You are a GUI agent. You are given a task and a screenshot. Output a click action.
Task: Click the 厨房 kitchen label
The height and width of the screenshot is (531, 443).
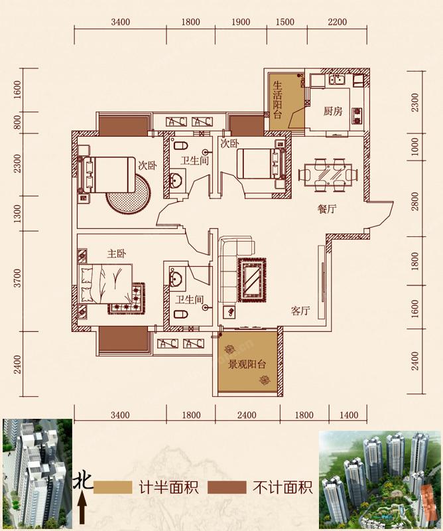[333, 111]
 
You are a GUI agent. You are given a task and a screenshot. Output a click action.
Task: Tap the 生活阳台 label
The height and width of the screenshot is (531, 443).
[277, 100]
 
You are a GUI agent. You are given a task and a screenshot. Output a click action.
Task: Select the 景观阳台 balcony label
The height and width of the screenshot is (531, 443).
[247, 364]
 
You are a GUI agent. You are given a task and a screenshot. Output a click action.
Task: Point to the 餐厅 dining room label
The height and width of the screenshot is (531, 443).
[327, 209]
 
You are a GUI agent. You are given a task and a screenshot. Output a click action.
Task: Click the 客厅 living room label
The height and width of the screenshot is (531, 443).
[300, 311]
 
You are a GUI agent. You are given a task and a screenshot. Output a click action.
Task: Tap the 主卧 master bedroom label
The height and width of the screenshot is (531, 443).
[117, 254]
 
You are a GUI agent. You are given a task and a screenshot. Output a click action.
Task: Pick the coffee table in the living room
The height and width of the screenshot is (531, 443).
[252, 279]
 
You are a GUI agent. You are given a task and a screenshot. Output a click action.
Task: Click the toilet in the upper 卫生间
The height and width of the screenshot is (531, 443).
[181, 145]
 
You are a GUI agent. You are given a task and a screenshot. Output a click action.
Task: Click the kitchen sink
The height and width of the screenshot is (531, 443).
[337, 80]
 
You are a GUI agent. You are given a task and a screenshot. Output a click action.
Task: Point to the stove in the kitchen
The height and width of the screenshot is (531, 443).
[357, 115]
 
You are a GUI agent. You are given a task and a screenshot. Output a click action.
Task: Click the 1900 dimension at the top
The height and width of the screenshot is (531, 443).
[241, 22]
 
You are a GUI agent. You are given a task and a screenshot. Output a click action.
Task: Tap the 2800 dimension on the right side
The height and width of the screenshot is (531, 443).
[415, 201]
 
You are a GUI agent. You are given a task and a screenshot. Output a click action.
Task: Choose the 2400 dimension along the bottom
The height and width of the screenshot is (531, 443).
[247, 415]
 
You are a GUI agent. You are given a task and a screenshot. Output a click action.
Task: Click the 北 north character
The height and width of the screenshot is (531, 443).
[84, 481]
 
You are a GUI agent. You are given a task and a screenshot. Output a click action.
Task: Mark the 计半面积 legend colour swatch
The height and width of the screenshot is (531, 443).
[113, 487]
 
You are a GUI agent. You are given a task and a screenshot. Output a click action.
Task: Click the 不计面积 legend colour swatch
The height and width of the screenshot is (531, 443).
[227, 487]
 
